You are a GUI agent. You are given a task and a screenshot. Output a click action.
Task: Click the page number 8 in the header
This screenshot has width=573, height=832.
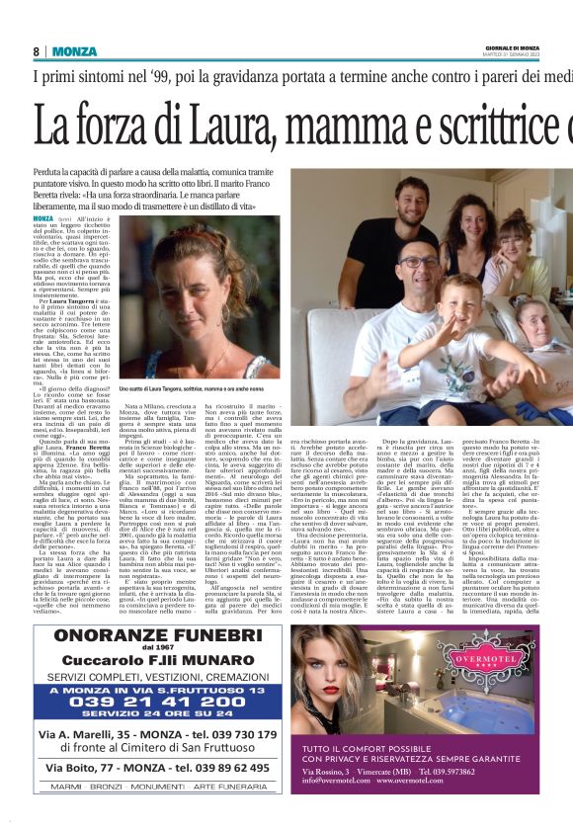point(36,51)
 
